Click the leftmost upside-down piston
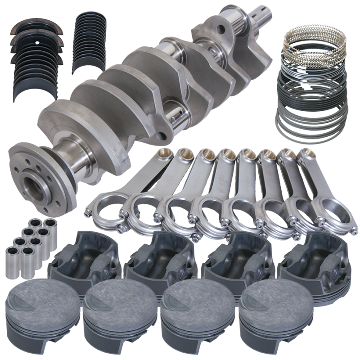click(x=85, y=256)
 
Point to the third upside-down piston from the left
click(x=234, y=256)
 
